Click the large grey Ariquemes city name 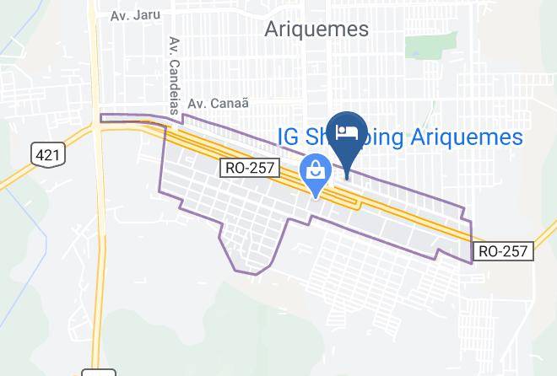[316, 30]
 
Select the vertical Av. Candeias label [175, 68]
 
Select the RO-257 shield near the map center [251, 168]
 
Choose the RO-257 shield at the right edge [502, 251]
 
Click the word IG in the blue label [289, 137]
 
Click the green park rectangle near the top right [422, 46]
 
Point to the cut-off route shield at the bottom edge [98, 372]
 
